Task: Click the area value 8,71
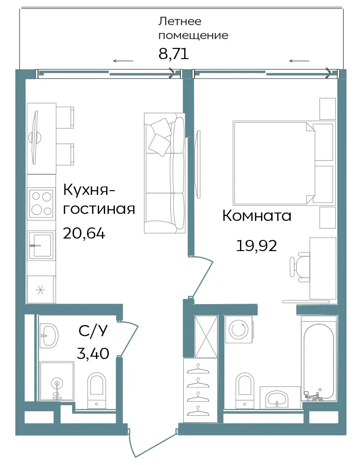point(173,54)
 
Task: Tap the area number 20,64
point(84,233)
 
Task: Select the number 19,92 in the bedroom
point(256,246)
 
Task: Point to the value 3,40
point(93,353)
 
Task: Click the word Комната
point(257,216)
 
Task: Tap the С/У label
point(93,331)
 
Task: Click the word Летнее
point(180,21)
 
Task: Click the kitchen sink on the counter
point(41,245)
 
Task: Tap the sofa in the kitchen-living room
point(164,173)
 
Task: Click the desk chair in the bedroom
point(299,266)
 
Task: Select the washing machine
point(239,329)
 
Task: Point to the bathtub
point(319,359)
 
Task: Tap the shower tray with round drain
point(56,381)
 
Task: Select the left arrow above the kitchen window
point(123,61)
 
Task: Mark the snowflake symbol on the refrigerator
point(40,290)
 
